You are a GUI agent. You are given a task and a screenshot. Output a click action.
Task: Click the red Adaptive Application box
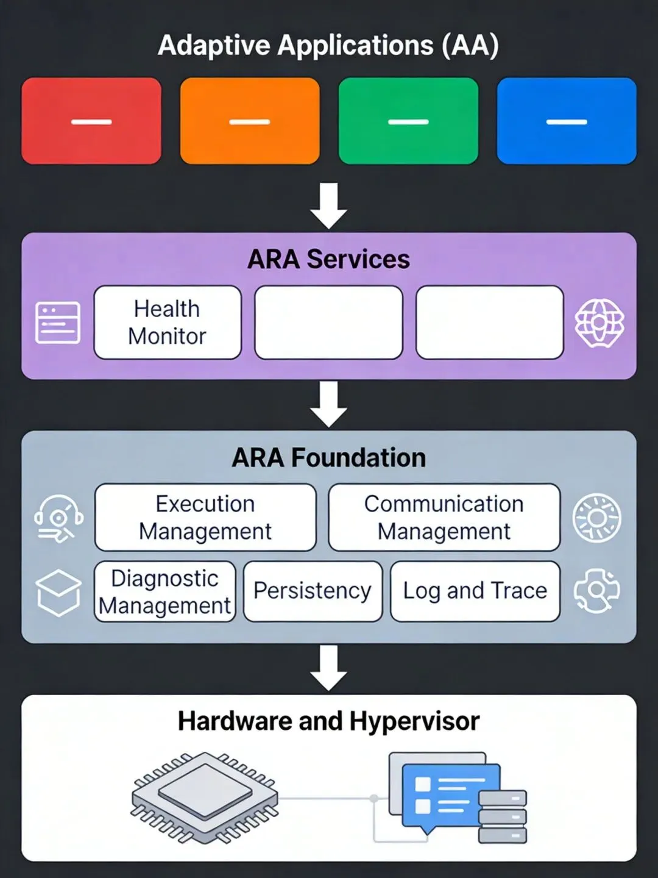91,121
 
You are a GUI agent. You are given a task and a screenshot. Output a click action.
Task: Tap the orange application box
250,121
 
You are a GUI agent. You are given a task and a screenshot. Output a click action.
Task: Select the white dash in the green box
408,121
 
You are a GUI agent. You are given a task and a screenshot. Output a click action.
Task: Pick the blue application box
567,121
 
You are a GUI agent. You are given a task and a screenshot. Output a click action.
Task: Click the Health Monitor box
168,322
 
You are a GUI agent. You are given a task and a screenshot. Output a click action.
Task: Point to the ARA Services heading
328,259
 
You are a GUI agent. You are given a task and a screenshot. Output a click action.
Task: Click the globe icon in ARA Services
600,323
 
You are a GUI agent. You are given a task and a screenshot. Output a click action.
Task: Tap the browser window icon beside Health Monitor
58,323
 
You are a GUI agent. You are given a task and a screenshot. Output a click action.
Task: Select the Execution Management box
205,517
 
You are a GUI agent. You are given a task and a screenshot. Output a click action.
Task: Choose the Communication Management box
444,517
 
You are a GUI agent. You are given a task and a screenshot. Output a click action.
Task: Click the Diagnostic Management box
165,591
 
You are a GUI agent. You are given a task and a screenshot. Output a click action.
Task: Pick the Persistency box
313,591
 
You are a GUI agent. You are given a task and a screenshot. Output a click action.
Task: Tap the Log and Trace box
475,591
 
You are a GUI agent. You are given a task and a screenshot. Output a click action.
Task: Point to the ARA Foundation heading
329,457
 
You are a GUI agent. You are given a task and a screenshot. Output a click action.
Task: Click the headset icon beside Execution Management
58,518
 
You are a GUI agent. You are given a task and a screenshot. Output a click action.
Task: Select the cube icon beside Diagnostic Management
58,593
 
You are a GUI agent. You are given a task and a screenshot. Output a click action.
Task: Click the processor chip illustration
205,798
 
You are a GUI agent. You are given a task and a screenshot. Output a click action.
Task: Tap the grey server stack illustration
503,817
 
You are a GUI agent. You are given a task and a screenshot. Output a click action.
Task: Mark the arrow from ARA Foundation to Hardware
328,668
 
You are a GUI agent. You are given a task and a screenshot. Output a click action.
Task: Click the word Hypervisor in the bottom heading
415,721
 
